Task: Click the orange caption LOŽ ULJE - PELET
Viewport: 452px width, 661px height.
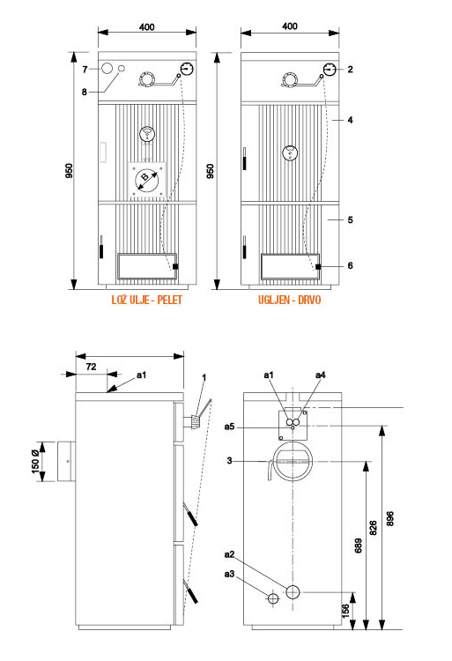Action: click(x=146, y=300)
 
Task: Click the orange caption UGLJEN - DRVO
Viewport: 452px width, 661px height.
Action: click(x=289, y=300)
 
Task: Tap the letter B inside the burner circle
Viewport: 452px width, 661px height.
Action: click(x=144, y=176)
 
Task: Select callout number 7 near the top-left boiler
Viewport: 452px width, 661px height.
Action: click(x=85, y=69)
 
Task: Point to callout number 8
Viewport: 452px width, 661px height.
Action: click(x=85, y=92)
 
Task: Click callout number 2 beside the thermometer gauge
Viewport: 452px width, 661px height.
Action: click(x=350, y=69)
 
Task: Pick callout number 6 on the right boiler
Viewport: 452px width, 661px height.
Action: click(x=350, y=265)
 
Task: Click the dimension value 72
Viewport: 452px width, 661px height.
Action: click(x=91, y=367)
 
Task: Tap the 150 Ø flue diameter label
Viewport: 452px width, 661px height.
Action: click(x=36, y=462)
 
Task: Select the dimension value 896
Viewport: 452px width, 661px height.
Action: click(x=390, y=518)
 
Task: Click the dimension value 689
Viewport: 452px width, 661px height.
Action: click(x=358, y=546)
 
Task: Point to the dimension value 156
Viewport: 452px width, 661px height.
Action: click(x=345, y=611)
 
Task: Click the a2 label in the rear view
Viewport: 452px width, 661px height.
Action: click(x=229, y=554)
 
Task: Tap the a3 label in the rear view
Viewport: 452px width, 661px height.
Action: click(x=229, y=574)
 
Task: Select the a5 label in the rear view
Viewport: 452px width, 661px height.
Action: click(x=229, y=427)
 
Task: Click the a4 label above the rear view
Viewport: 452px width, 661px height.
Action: click(x=320, y=375)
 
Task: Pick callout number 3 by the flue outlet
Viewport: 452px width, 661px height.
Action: click(x=229, y=461)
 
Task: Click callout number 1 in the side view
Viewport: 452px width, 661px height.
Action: click(x=204, y=377)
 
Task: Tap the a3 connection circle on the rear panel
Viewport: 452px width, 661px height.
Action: click(x=273, y=598)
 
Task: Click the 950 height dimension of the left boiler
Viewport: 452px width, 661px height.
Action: click(x=69, y=171)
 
